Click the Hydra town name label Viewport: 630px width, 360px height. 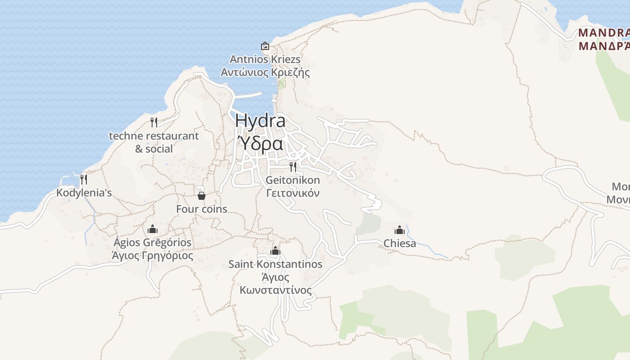pyautogui.click(x=260, y=121)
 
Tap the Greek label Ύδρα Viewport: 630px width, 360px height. pyautogui.click(x=260, y=144)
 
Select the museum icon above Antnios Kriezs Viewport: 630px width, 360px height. pyautogui.click(x=265, y=46)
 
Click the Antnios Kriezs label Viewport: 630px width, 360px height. pyautogui.click(x=265, y=59)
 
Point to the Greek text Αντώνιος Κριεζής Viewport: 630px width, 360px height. pyautogui.click(x=265, y=72)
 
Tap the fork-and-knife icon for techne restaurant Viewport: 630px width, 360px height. pyautogui.click(x=154, y=122)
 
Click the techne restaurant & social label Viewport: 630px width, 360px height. pyautogui.click(x=154, y=142)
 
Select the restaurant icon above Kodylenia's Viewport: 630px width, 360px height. pyautogui.click(x=84, y=179)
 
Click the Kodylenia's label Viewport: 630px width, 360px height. pyautogui.click(x=84, y=193)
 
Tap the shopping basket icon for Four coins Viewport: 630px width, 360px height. pyautogui.click(x=202, y=196)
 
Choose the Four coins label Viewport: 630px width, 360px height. pyautogui.click(x=202, y=209)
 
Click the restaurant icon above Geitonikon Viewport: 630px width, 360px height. pyautogui.click(x=293, y=167)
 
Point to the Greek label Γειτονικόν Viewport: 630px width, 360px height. pyautogui.click(x=293, y=193)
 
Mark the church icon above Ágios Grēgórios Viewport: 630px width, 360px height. pyautogui.click(x=153, y=229)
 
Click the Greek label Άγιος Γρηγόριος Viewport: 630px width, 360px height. pyautogui.click(x=153, y=256)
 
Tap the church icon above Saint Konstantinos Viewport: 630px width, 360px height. pyautogui.click(x=275, y=251)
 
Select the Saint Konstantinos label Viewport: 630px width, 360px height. pyautogui.click(x=275, y=264)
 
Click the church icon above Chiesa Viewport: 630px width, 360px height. pyautogui.click(x=400, y=230)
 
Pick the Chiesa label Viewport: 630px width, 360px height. pyautogui.click(x=400, y=243)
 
